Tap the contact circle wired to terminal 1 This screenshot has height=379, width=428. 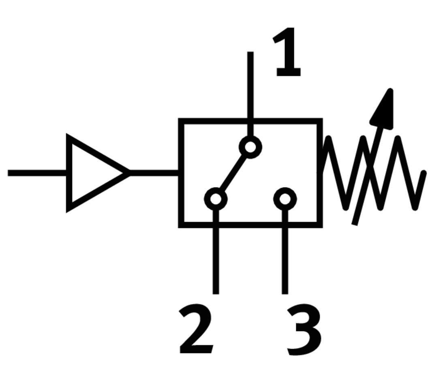click(250, 147)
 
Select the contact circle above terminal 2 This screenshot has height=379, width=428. click(216, 199)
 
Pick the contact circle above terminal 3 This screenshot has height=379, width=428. click(285, 199)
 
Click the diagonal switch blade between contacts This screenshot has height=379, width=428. click(233, 173)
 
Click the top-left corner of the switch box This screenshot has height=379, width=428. click(182, 121)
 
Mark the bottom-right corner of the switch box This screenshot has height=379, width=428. click(320, 225)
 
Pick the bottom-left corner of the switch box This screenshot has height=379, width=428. click(182, 225)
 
